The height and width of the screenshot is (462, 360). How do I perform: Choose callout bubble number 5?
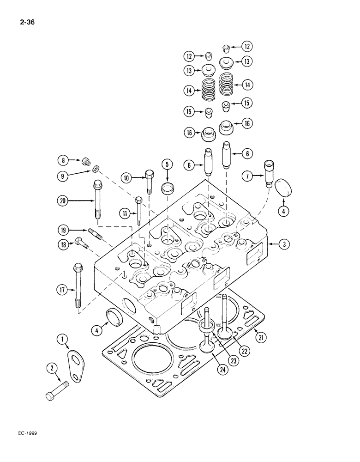click(x=167, y=164)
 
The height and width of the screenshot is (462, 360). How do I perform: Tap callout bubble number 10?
click(x=126, y=178)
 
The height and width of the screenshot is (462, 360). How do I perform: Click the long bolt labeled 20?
click(x=98, y=202)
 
